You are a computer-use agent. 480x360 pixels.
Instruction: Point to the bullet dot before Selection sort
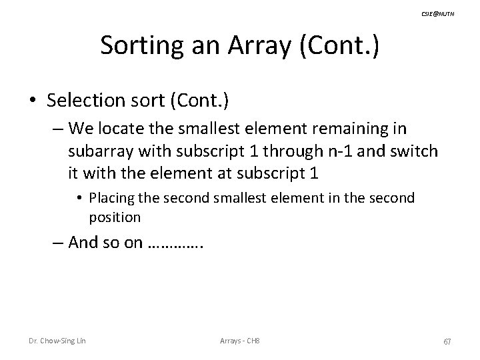[x=33, y=101]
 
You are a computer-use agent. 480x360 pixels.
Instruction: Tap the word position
[x=114, y=217]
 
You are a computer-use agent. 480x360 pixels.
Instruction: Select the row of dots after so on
[x=175, y=245]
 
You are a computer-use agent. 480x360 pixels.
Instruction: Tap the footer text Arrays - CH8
[x=240, y=342]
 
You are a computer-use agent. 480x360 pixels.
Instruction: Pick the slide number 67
[x=447, y=342]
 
